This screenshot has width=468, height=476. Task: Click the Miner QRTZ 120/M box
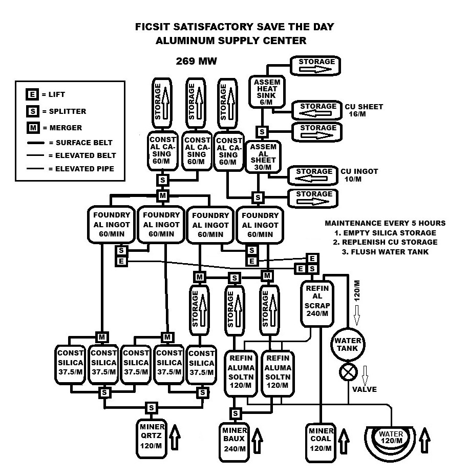152,439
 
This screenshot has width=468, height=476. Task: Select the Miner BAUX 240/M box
234,442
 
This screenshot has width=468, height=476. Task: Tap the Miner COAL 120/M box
321,443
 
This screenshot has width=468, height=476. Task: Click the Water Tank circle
348,345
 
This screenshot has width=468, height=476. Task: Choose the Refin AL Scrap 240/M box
317,304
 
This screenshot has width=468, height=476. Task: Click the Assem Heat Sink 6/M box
267,92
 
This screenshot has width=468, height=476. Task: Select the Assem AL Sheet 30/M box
263,156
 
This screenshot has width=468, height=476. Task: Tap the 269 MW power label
197,61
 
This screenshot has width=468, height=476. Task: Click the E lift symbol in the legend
32,94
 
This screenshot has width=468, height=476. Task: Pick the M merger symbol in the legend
33,128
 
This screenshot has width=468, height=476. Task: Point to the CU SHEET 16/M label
364,110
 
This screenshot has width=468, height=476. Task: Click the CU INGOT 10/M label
359,175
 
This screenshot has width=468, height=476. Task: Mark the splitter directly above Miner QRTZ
151,408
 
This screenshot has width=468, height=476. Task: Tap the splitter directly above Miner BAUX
235,413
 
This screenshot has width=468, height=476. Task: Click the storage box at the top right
315,66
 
